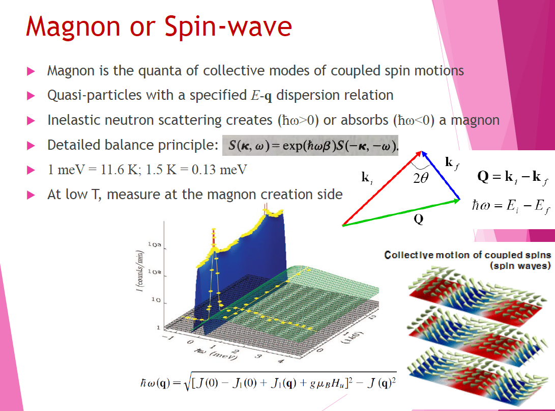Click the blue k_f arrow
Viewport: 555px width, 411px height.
click(x=441, y=175)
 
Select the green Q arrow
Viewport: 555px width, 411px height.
click(x=402, y=212)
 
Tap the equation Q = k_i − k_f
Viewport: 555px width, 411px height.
click(x=513, y=177)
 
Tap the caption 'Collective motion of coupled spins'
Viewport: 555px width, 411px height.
click(x=468, y=255)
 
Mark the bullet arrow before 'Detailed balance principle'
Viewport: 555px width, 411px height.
click(x=31, y=146)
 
